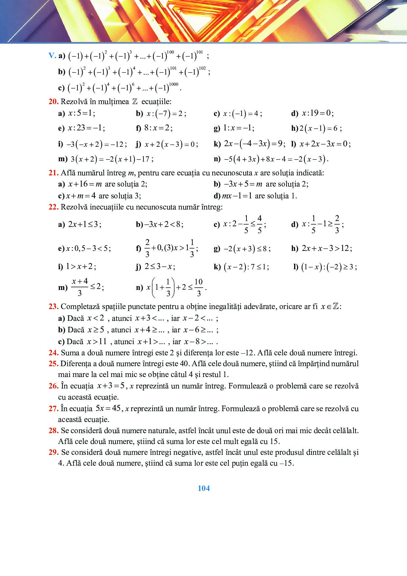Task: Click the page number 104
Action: (x=203, y=488)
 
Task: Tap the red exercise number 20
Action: (x=53, y=102)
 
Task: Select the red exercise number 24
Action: (x=53, y=353)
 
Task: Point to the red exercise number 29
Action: (x=53, y=453)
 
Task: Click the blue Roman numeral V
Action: (x=52, y=55)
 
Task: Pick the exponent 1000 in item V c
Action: (x=173, y=84)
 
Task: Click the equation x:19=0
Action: (x=317, y=113)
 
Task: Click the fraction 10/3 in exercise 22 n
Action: (x=199, y=287)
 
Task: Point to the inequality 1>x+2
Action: (x=81, y=266)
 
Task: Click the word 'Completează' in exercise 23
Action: (x=80, y=307)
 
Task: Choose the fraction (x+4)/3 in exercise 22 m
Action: (x=80, y=287)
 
